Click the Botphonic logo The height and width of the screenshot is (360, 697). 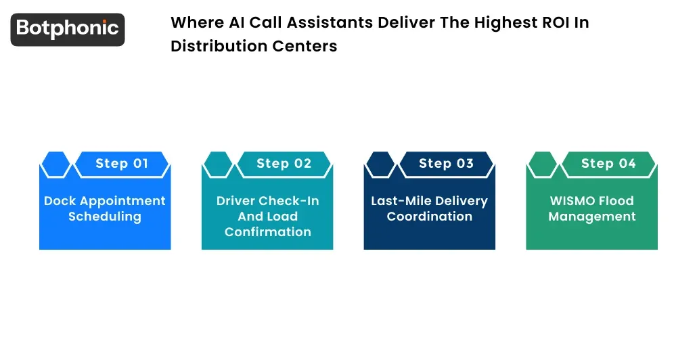(68, 29)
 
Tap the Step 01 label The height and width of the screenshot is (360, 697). (122, 164)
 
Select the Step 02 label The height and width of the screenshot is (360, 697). (284, 164)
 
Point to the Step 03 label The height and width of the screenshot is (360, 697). (447, 164)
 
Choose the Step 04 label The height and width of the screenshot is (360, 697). (608, 164)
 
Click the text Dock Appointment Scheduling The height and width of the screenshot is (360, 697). (105, 208)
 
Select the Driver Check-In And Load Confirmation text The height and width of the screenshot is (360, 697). (267, 217)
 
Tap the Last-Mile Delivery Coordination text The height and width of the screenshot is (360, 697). (430, 208)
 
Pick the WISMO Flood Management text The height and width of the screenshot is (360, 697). (592, 208)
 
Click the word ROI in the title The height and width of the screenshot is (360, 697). (553, 22)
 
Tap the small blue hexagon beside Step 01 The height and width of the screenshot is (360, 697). (55, 164)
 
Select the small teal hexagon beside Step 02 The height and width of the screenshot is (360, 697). (217, 164)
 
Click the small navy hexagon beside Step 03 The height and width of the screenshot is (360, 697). (380, 164)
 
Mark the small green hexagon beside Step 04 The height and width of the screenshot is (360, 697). (542, 164)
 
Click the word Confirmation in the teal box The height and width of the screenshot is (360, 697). (267, 232)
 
